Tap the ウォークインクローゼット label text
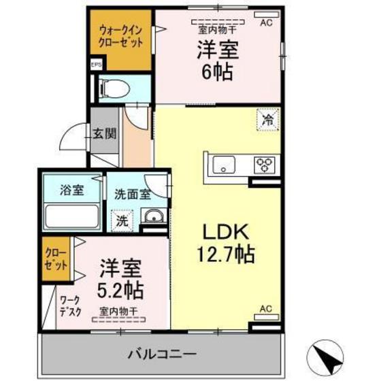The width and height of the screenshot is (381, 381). [121, 36]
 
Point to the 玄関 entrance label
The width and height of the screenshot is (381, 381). [104, 133]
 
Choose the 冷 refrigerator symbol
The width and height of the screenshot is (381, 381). [267, 120]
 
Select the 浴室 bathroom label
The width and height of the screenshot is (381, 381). [73, 190]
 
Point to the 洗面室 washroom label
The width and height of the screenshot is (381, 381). [132, 194]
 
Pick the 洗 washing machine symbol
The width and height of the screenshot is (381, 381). [121, 220]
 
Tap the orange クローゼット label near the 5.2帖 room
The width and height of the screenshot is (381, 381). [56, 261]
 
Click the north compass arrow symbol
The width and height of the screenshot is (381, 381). [325, 354]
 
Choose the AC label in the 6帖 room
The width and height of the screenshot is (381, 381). [265, 22]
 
